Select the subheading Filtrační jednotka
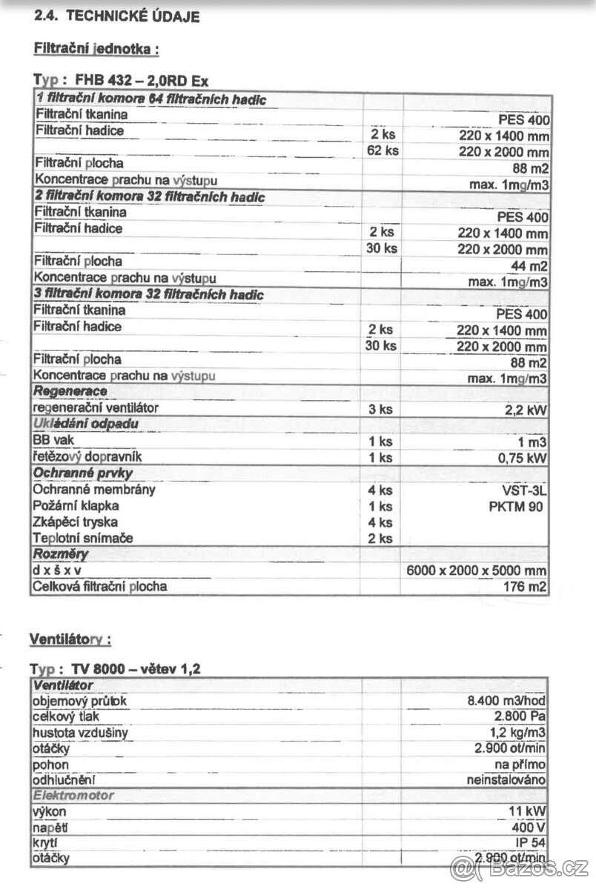[96, 50]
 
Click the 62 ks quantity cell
[383, 151]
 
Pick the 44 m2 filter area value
[532, 266]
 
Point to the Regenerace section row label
[70, 391]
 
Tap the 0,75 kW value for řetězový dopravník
[522, 458]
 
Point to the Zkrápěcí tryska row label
[76, 522]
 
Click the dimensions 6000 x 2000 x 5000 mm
[487, 570]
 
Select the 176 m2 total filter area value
[527, 587]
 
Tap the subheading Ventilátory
[70, 639]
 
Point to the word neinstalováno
[506, 780]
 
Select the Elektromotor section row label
[74, 796]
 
